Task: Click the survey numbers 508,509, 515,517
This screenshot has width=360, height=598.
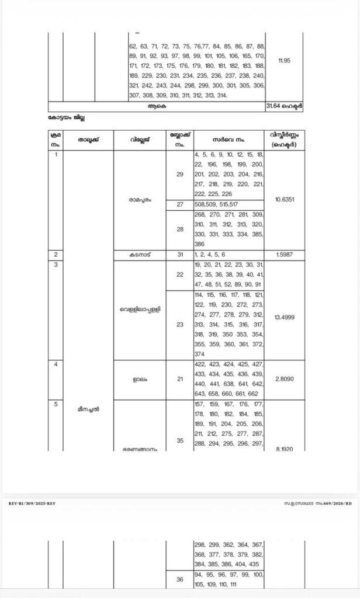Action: [216, 204]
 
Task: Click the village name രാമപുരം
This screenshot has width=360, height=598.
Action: [140, 199]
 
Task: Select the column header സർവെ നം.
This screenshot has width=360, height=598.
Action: [228, 140]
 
